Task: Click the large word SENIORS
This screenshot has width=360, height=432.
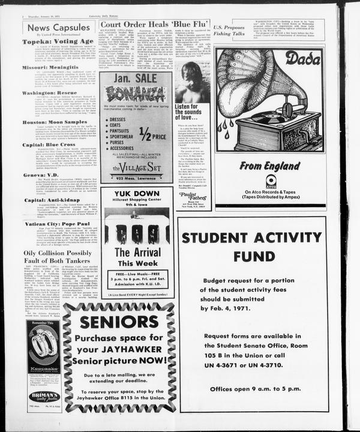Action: [x=119, y=322]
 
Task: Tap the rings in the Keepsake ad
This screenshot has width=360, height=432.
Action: [x=43, y=346]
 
